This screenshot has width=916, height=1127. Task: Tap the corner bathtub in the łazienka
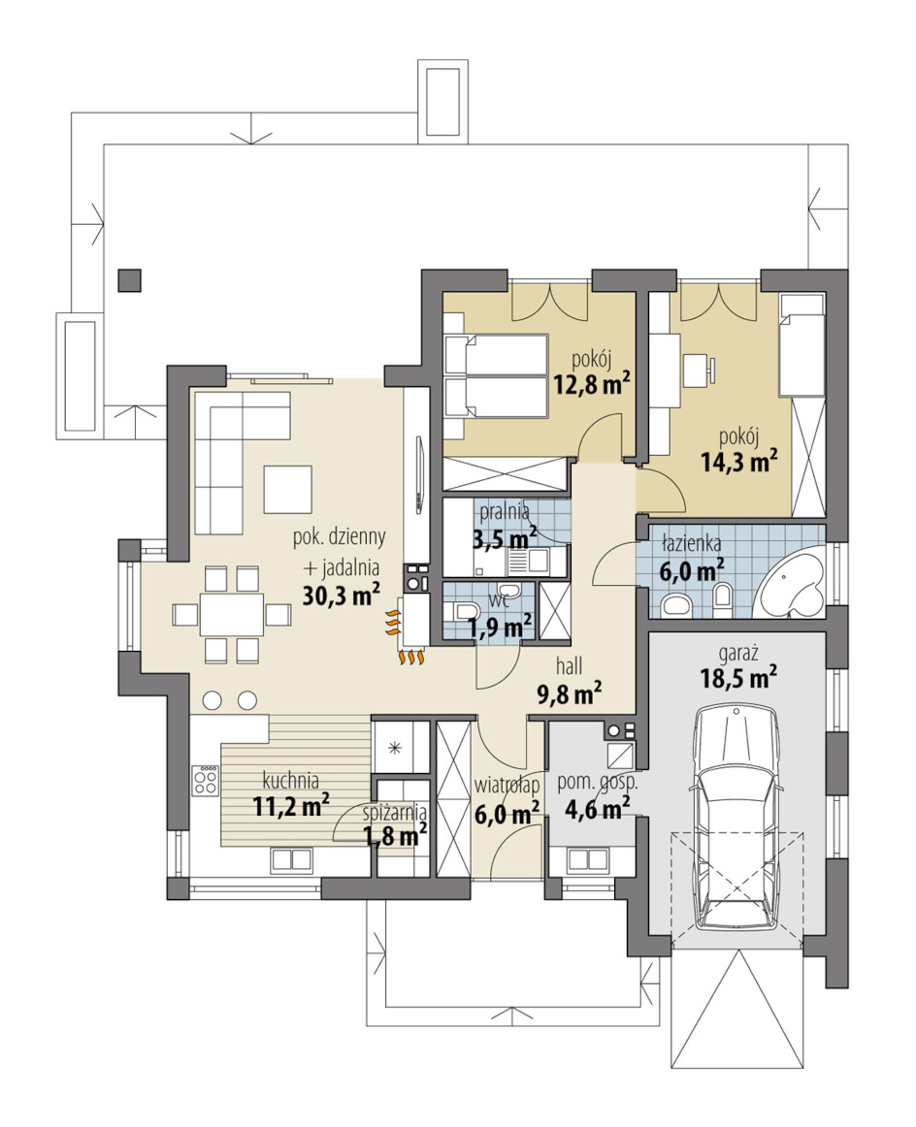tap(790, 582)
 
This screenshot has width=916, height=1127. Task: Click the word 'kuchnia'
tap(290, 780)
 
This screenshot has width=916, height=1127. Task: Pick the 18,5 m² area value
tap(738, 677)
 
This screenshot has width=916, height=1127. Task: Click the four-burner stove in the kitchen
tap(205, 780)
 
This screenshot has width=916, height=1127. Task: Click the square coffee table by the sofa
tap(287, 489)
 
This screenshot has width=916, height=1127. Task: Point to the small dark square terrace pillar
tap(129, 279)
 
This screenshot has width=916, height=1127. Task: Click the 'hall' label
tap(569, 665)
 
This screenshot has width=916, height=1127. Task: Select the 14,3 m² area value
tap(739, 460)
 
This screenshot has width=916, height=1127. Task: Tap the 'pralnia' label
tap(505, 512)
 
